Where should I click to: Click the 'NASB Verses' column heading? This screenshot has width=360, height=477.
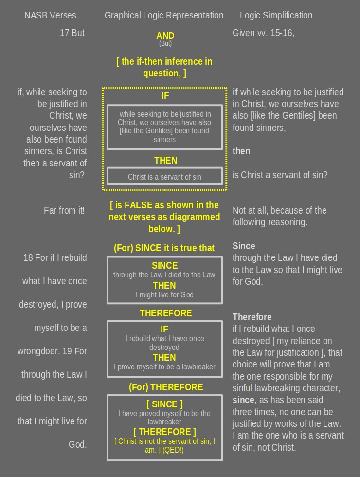pyautogui.click(x=50, y=16)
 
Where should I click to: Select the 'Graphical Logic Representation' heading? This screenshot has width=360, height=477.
pyautogui.click(x=164, y=16)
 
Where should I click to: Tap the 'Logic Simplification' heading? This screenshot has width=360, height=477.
pyautogui.click(x=276, y=16)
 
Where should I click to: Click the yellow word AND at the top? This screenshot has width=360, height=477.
pyautogui.click(x=165, y=36)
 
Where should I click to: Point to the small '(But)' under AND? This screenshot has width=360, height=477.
pyautogui.click(x=165, y=44)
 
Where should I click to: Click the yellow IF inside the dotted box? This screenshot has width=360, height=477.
pyautogui.click(x=165, y=96)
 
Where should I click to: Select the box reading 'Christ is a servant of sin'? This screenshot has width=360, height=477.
pyautogui.click(x=164, y=177)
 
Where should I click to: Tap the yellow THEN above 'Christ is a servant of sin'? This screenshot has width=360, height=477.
pyautogui.click(x=165, y=160)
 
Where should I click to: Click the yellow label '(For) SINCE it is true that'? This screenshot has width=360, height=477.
pyautogui.click(x=164, y=248)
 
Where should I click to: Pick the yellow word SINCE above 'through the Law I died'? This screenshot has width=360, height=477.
pyautogui.click(x=165, y=265)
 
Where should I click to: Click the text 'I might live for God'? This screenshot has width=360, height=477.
pyautogui.click(x=164, y=294)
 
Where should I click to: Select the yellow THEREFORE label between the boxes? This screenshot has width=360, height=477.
pyautogui.click(x=166, y=313)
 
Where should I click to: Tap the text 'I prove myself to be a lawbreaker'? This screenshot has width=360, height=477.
pyautogui.click(x=164, y=367)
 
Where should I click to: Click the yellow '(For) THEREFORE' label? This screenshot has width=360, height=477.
pyautogui.click(x=166, y=387)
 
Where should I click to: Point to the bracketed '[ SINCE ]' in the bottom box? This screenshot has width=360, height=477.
pyautogui.click(x=165, y=404)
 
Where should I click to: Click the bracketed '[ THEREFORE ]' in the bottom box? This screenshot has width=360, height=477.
pyautogui.click(x=165, y=432)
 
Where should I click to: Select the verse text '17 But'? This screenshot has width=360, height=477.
pyautogui.click(x=72, y=33)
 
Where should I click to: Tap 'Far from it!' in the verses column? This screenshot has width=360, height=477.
pyautogui.click(x=64, y=210)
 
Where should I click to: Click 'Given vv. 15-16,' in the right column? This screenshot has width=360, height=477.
pyautogui.click(x=263, y=33)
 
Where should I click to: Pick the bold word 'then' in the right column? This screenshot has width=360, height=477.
pyautogui.click(x=241, y=151)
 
